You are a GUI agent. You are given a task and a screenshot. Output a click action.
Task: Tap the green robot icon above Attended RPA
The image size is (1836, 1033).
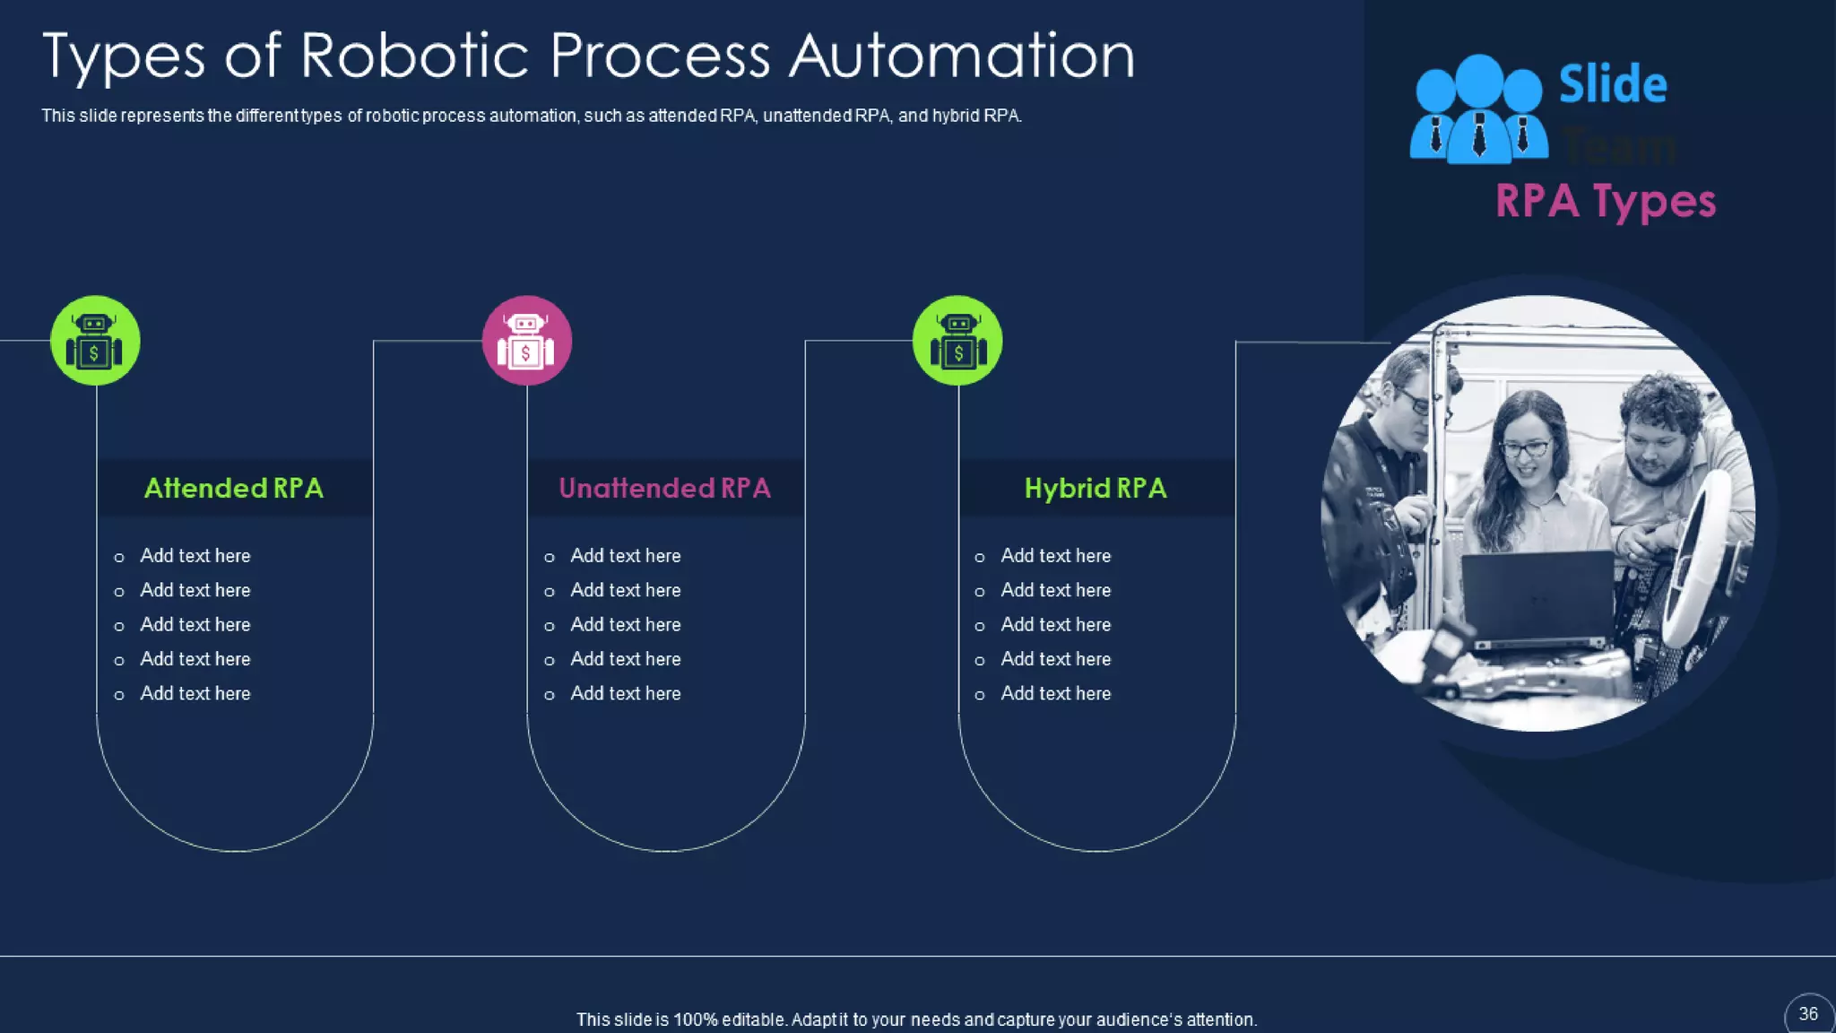point(95,341)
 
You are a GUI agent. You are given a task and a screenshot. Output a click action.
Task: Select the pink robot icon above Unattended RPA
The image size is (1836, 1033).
point(526,341)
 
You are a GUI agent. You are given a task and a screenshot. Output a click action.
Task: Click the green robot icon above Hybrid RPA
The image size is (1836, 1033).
point(957,341)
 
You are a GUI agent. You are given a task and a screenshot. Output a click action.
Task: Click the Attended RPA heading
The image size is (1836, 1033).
point(233,488)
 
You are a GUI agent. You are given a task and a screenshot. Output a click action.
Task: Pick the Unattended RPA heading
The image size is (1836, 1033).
point(664,488)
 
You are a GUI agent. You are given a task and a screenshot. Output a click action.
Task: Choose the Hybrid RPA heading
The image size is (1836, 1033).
point(1095,488)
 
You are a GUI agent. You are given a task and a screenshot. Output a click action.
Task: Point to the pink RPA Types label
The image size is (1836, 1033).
point(1605,201)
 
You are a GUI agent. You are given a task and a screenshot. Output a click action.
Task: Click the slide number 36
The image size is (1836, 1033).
point(1808,1013)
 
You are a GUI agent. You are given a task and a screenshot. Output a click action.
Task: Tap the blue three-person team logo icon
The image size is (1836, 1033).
point(1478,109)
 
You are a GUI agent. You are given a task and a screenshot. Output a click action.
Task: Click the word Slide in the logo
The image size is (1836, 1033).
point(1613,84)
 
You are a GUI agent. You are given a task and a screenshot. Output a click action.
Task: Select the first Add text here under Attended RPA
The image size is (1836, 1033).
point(195,556)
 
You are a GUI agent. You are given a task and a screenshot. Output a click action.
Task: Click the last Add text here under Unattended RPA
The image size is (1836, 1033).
point(625,693)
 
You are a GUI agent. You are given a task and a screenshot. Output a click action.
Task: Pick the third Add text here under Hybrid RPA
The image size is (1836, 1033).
point(1055,625)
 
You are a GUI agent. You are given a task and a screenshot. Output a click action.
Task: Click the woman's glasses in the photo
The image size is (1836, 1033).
point(1524,448)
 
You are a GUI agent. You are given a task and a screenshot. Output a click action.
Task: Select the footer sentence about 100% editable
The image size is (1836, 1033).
point(916,1020)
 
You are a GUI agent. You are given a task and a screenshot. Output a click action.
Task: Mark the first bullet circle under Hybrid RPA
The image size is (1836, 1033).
point(980,558)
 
